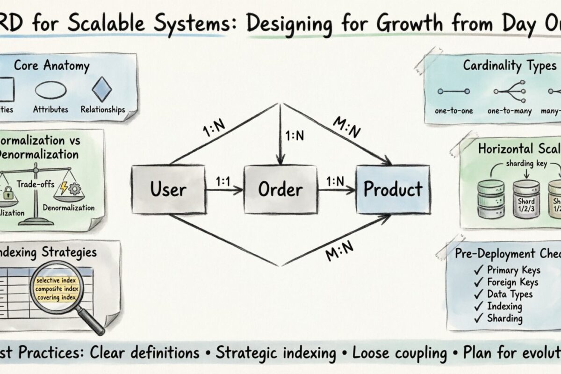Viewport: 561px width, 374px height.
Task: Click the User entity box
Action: (168, 189)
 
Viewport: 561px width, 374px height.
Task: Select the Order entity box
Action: (280, 189)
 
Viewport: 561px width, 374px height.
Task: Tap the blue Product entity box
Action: (393, 189)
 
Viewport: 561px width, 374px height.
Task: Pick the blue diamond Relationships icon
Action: (102, 89)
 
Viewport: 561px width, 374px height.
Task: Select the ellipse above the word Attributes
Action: (50, 90)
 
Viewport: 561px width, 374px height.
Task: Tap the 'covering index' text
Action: (57, 297)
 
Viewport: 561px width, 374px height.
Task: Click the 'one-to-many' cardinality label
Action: (509, 111)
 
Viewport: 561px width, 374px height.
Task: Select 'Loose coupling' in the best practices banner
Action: (395, 352)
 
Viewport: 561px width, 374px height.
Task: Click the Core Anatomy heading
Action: (51, 65)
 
